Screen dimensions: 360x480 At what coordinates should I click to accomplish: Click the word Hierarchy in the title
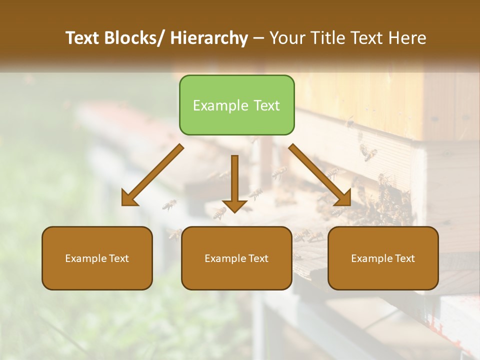(208, 38)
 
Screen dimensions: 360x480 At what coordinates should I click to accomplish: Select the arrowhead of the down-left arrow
(129, 198)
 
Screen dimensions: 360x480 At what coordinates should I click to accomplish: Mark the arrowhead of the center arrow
(234, 205)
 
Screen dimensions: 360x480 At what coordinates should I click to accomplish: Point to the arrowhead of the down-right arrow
(343, 198)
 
